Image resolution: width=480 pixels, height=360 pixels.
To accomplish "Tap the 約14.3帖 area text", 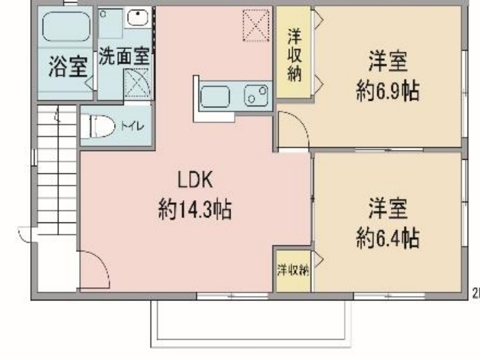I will click(x=194, y=211).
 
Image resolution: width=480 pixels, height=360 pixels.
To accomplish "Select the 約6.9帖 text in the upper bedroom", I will click(x=388, y=92).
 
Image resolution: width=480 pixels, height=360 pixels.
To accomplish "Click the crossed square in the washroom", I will click(x=138, y=83).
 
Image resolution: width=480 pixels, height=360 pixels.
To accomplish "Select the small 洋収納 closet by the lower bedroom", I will click(x=292, y=270).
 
